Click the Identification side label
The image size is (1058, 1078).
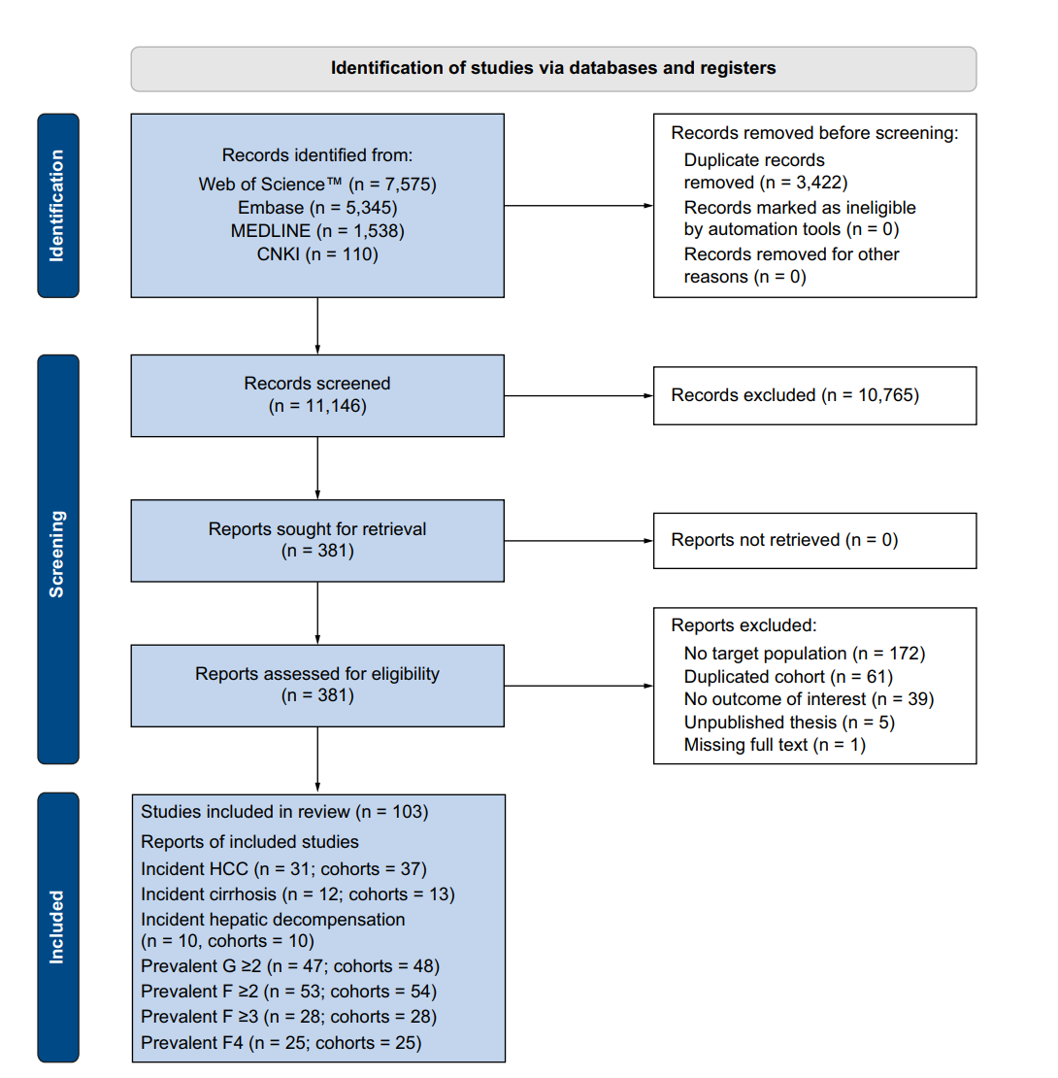pos(57,206)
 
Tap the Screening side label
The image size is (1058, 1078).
pos(57,559)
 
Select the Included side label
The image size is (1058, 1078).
pos(57,926)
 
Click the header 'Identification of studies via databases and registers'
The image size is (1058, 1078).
pos(553,68)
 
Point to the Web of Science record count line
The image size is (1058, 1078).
pos(317,185)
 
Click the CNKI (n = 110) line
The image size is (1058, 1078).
pos(317,254)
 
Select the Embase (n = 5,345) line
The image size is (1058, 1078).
pos(317,208)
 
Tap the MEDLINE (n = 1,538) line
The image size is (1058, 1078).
pos(317,231)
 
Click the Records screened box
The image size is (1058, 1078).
pos(317,395)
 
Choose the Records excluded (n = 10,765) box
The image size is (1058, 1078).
pos(814,395)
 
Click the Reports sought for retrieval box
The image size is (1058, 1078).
pos(317,540)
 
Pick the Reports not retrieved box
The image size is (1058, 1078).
pos(814,540)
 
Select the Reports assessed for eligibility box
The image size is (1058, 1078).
pos(317,686)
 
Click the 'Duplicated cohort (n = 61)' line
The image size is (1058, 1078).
pos(788,677)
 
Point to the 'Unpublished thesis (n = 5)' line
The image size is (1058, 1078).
pos(789,723)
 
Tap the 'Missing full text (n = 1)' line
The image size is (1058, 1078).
pos(775,745)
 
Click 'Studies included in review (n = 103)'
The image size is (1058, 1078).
pos(284,812)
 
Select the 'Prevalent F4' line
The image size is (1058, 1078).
pos(281,1043)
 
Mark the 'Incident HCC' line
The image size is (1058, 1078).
pos(283,869)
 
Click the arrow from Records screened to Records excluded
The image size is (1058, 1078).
pos(579,395)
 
